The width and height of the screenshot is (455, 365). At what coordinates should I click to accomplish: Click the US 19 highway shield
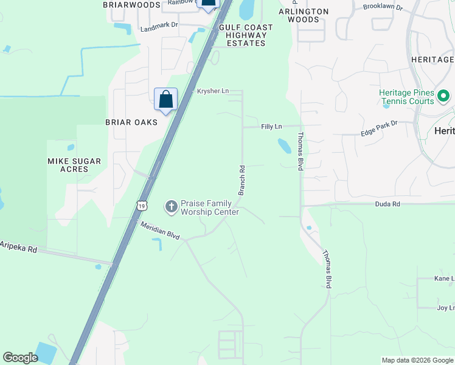coord(142,206)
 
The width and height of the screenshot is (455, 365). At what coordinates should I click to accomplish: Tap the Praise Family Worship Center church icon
coord(171,207)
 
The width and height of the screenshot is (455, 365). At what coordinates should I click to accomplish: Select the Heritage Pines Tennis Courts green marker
coord(443,96)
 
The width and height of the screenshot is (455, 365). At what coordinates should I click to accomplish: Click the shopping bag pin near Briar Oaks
coord(166,100)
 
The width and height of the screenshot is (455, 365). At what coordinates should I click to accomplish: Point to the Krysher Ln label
coord(212,91)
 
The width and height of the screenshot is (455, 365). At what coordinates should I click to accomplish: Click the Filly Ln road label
coord(271,127)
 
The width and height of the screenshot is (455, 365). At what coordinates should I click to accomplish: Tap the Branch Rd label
coord(241,180)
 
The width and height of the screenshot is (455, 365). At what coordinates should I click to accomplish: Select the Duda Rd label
coord(387,204)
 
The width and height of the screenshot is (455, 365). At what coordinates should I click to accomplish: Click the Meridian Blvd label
coord(161,229)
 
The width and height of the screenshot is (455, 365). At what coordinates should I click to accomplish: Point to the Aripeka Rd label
coord(19,247)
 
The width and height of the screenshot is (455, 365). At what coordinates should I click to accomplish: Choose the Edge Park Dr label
coord(378,128)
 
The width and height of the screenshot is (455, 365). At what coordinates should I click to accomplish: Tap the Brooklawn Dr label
coord(383,7)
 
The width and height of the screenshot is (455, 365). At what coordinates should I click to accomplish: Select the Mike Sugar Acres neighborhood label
coord(74,165)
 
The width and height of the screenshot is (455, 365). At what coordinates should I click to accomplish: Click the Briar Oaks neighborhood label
coord(131,122)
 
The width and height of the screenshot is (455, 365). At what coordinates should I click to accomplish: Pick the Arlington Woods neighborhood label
coord(304,15)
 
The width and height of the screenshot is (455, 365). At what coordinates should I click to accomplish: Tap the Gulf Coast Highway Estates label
coord(246,35)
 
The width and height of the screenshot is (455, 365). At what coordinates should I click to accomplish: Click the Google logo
coord(20,358)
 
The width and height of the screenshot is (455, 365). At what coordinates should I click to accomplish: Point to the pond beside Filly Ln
coord(284,146)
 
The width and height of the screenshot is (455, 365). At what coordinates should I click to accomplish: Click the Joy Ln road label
coord(445,308)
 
